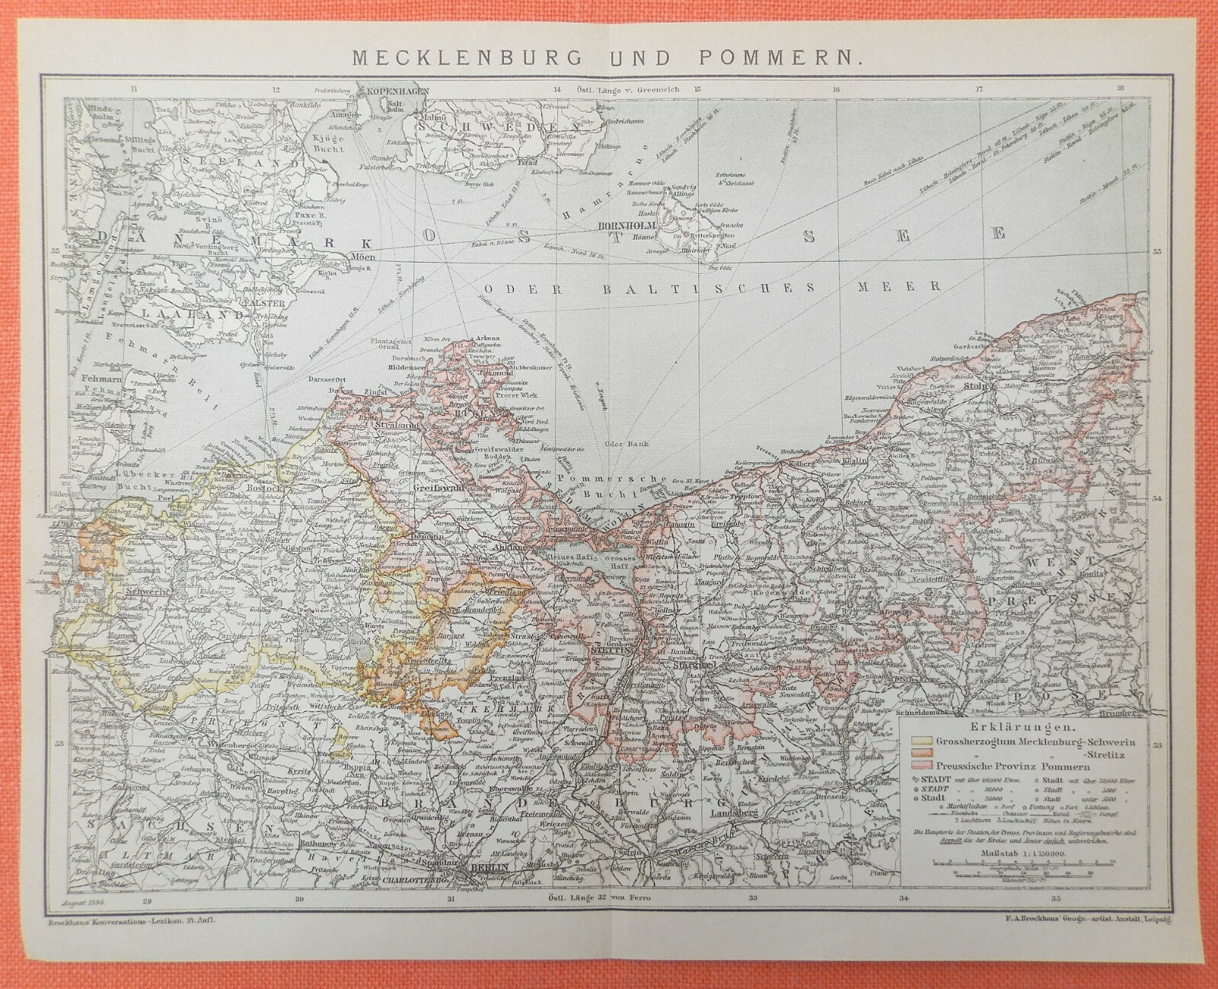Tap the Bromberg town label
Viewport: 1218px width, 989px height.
point(1127,713)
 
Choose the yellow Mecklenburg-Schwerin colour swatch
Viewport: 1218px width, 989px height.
point(920,739)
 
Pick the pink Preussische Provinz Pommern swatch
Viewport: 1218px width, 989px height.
point(920,763)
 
